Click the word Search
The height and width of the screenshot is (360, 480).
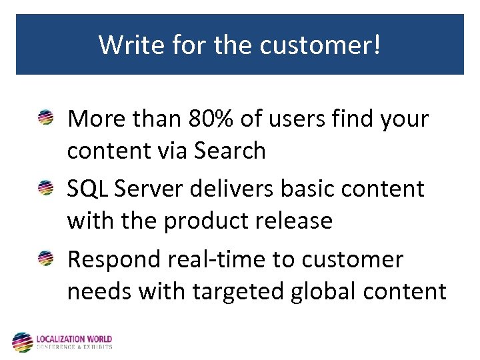coord(229,151)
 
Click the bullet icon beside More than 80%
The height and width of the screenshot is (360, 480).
coord(47,119)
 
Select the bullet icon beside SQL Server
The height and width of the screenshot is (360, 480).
coord(47,189)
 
